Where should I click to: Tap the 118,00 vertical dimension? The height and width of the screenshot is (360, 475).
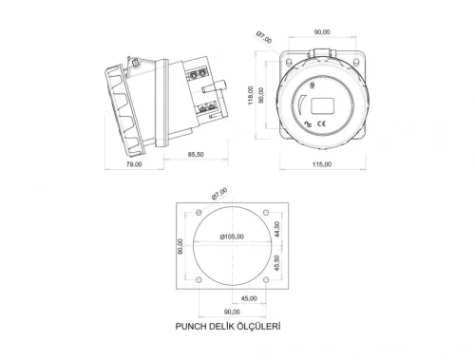coord(250,95)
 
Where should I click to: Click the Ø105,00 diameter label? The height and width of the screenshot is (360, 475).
coord(232,237)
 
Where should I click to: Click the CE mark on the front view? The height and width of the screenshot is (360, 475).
coord(322,123)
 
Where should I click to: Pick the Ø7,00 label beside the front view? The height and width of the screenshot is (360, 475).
coord(263,37)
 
